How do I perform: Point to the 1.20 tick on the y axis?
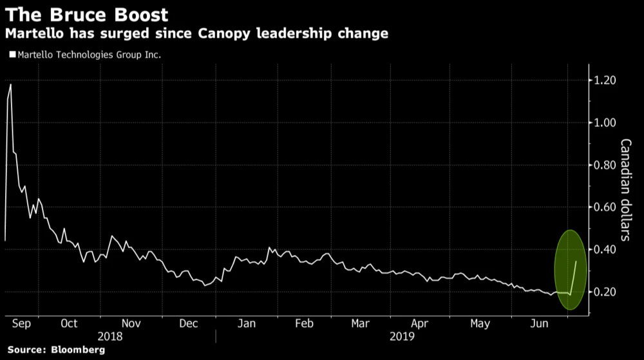605,81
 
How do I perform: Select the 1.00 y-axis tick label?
605,122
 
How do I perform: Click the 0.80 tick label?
605,165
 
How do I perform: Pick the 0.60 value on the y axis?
605,207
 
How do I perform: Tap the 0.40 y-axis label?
605,250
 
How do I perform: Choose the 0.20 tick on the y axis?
605,292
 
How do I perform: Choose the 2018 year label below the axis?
109,336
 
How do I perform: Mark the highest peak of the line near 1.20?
10,84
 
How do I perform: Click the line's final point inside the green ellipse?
576,261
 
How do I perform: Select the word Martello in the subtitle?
33,33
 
